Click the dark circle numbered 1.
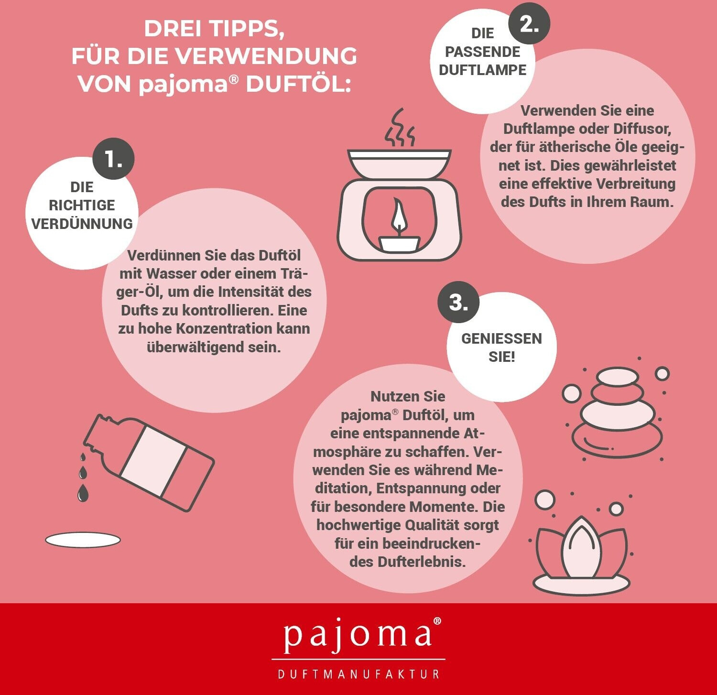[113, 159]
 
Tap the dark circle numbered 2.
[529, 23]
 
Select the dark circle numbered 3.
[458, 302]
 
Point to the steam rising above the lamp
[400, 128]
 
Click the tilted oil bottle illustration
[149, 462]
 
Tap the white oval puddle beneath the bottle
[83, 540]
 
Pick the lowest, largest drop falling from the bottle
[83, 493]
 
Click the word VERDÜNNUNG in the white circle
[82, 223]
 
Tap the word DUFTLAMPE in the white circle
[482, 70]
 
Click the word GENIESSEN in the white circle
[501, 338]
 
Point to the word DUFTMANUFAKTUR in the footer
[358, 674]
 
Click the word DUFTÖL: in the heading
[298, 84]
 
